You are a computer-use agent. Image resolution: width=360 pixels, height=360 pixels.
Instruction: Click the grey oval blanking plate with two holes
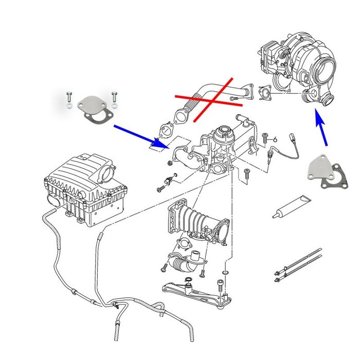click(x=93, y=105)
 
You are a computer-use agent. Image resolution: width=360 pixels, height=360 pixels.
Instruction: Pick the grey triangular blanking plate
click(x=317, y=169)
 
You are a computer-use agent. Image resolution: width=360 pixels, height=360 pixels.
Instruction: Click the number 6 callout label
click(x=276, y=139)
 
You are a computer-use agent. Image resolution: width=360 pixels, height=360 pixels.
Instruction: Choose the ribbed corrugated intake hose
click(x=201, y=221)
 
